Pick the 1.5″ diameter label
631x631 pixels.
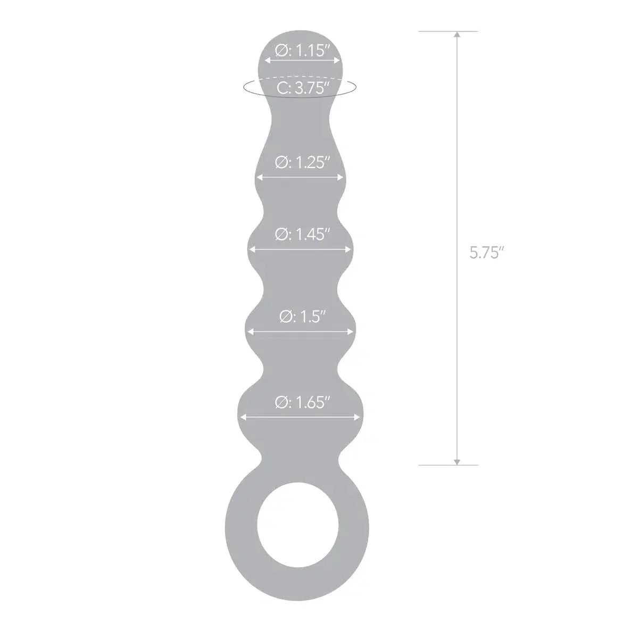(302, 317)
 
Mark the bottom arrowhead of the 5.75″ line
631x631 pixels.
(456, 461)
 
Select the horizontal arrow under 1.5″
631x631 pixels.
(301, 332)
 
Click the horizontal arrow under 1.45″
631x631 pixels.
(301, 248)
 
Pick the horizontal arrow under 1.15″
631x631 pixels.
(302, 61)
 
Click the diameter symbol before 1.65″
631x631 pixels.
(281, 403)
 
